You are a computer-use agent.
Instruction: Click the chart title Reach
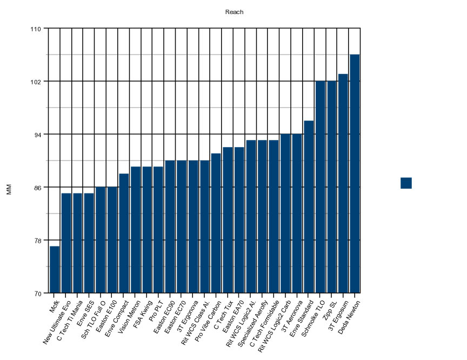pos(234,12)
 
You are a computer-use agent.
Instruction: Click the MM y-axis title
pos(9,189)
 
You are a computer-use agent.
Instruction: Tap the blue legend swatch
pos(406,183)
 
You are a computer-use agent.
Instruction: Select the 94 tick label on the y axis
pos(37,134)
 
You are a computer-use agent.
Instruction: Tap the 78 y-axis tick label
pos(37,240)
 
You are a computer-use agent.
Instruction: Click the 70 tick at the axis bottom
pos(37,293)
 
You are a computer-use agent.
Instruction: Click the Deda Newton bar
pos(355,174)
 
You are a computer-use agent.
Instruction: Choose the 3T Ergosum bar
pos(343,183)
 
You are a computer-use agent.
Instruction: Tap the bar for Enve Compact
pos(124,233)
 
